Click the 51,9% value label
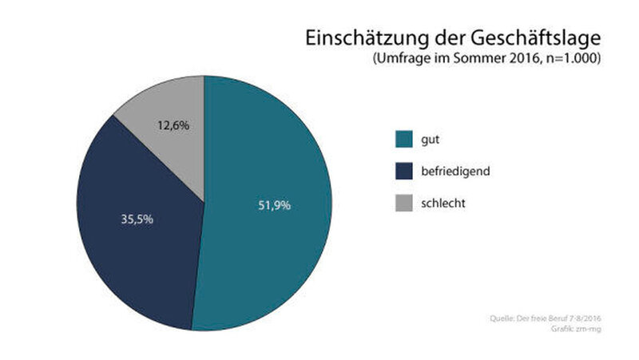point(274,205)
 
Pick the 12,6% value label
point(173,125)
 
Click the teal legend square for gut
point(405,140)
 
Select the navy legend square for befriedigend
point(405,172)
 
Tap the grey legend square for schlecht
point(405,204)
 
